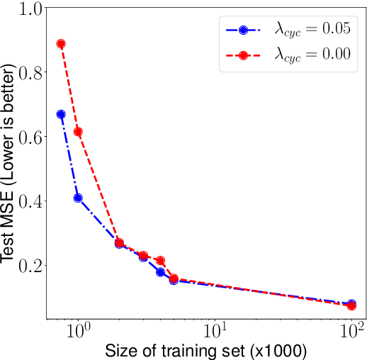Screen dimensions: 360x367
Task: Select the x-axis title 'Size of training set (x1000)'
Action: [205, 350]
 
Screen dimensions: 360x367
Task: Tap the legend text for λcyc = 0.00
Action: [312, 57]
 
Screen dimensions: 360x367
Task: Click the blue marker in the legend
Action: [243, 30]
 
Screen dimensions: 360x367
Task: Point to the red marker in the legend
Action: [243, 56]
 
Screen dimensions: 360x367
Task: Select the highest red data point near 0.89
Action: [61, 44]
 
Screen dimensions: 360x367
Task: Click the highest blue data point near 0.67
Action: [61, 114]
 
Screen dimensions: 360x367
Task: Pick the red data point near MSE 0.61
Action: [78, 132]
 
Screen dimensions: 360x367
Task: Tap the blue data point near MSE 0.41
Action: [78, 198]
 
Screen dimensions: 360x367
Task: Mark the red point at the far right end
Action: [351, 305]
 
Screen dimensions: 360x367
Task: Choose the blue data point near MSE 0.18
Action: [161, 272]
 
